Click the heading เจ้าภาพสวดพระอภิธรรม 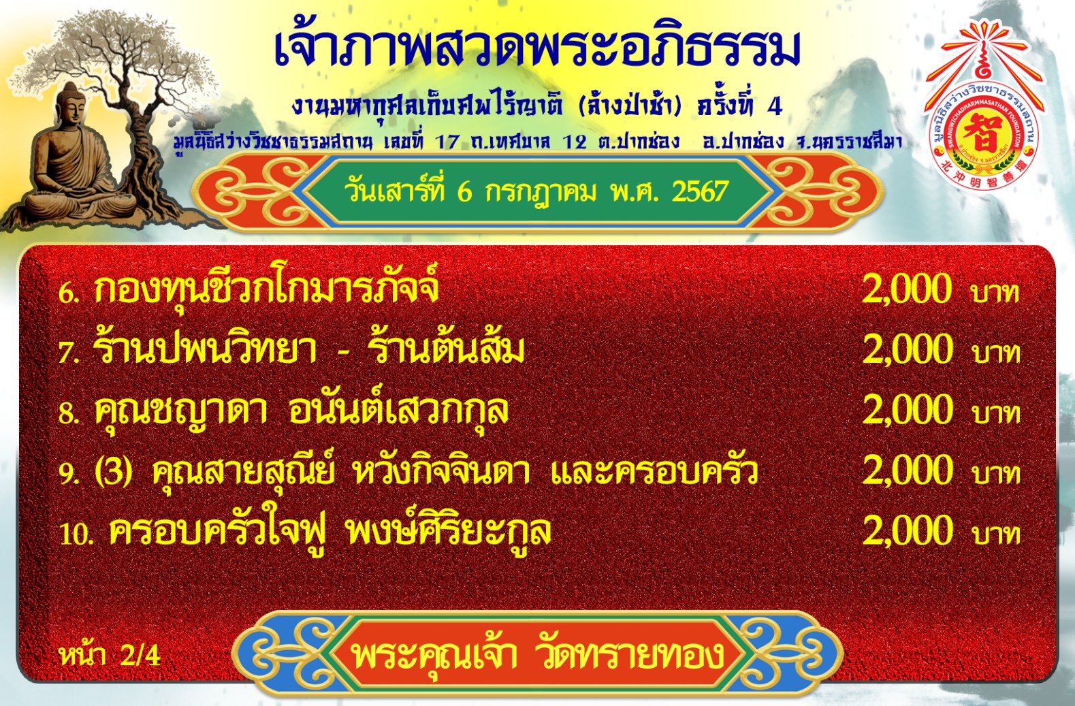click(538, 48)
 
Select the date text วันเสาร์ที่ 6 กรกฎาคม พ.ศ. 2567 click(536, 192)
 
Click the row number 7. click(67, 353)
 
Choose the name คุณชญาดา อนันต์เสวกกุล click(301, 412)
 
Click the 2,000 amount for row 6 click(907, 289)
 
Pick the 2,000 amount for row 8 click(907, 410)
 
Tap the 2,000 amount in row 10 click(907, 531)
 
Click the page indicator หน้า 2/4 click(110, 655)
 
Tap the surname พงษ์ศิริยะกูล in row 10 click(449, 533)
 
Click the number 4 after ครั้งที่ click(775, 108)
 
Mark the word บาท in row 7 click(996, 353)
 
